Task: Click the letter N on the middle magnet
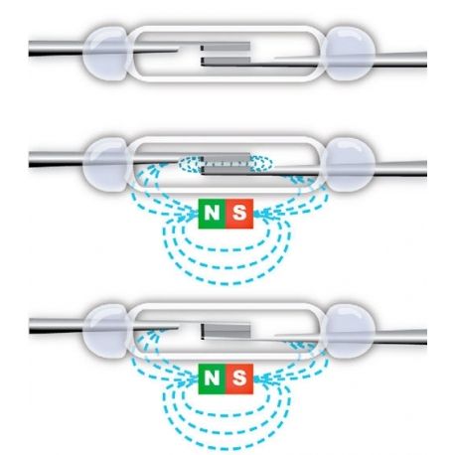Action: (212, 213)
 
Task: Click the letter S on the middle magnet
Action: (239, 213)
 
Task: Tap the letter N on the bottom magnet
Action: (212, 379)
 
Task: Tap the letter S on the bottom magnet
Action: (239, 379)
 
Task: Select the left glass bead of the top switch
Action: (105, 54)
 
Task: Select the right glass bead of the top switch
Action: (349, 54)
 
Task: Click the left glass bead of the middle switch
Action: (105, 165)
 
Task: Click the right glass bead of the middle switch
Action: (349, 165)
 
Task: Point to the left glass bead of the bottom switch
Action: (105, 331)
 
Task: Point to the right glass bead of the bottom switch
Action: (349, 331)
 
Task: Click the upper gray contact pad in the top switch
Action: (226, 47)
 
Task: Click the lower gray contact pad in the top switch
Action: (226, 61)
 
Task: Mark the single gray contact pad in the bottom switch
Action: (226, 330)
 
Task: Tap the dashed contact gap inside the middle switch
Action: (226, 163)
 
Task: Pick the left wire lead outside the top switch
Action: (56, 49)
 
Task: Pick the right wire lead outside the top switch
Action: (400, 60)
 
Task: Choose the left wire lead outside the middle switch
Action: (56, 160)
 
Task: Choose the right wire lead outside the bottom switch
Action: (400, 337)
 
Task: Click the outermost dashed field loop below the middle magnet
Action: (226, 284)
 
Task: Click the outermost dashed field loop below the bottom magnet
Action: (226, 449)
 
